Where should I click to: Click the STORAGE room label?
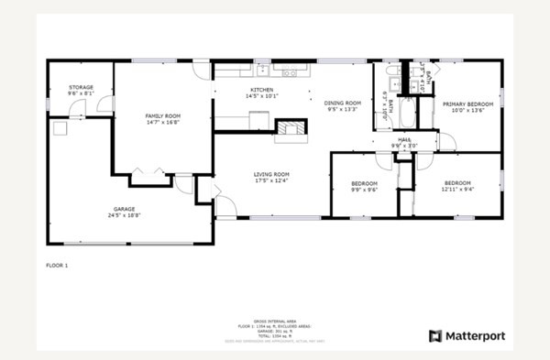point(80,88)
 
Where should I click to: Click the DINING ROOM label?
point(343,103)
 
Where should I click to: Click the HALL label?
point(404,140)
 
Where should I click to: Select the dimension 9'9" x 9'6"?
point(364,191)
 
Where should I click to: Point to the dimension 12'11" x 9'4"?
point(456,190)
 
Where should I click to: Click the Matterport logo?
point(467,336)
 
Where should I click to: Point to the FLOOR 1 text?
point(57,265)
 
